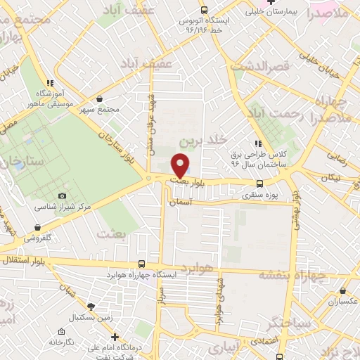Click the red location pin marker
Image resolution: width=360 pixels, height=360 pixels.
click(181, 165)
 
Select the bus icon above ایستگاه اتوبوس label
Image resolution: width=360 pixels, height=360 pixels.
click(204, 10)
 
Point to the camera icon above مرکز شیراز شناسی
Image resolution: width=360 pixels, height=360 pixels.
click(61, 195)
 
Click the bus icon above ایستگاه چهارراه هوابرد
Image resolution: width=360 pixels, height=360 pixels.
click(142, 264)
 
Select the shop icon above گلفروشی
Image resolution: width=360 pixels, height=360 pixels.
click(37, 228)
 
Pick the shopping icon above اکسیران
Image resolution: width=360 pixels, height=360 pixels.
click(342, 290)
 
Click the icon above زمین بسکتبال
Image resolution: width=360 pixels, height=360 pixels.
click(91, 306)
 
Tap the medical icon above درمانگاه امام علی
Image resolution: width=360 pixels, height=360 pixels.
click(115, 336)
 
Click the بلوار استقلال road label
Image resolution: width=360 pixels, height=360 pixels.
click(24, 261)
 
